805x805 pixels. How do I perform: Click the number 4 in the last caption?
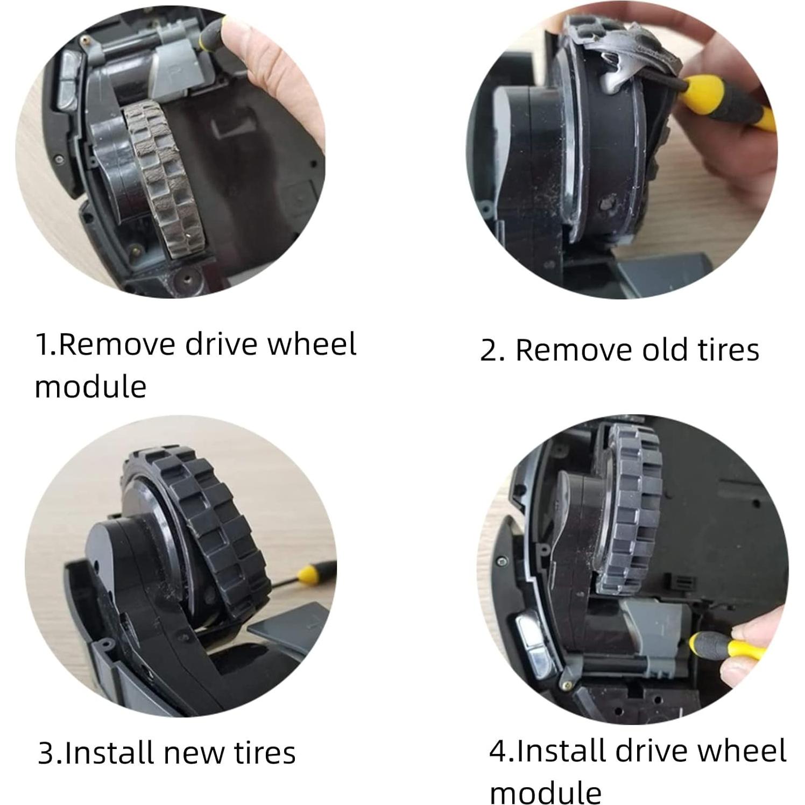[497, 751]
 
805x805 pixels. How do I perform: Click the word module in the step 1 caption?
[90, 386]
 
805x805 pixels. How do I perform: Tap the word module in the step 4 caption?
[545, 792]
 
